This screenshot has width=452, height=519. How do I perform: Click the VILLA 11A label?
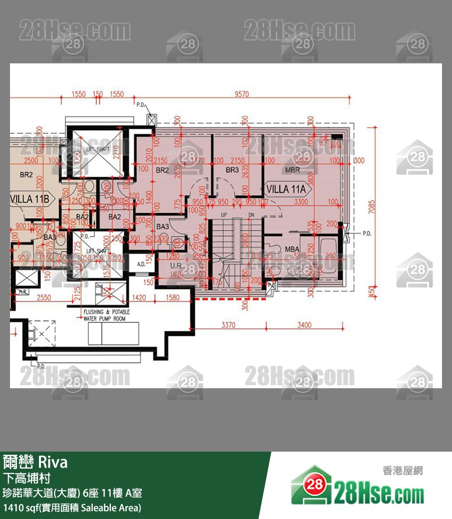[x=286, y=190]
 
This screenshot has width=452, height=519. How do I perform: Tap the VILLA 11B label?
[x=30, y=199]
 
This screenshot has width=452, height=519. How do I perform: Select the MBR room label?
[x=292, y=170]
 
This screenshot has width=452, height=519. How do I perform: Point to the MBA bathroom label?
[x=292, y=249]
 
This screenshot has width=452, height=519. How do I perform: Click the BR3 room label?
[x=232, y=170]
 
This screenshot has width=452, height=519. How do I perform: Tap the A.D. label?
[x=141, y=264]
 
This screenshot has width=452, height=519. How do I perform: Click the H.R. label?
[x=22, y=291]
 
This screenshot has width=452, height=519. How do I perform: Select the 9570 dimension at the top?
[x=241, y=94]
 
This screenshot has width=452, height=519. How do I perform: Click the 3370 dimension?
[x=228, y=325]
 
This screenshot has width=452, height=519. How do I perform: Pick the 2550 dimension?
[x=44, y=298]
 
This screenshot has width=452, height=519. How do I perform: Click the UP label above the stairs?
[x=224, y=215]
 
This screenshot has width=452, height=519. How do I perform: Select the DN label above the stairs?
[x=251, y=215]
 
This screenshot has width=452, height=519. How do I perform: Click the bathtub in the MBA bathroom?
[x=328, y=256]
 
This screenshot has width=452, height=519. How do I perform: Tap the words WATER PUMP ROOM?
[x=105, y=318]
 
